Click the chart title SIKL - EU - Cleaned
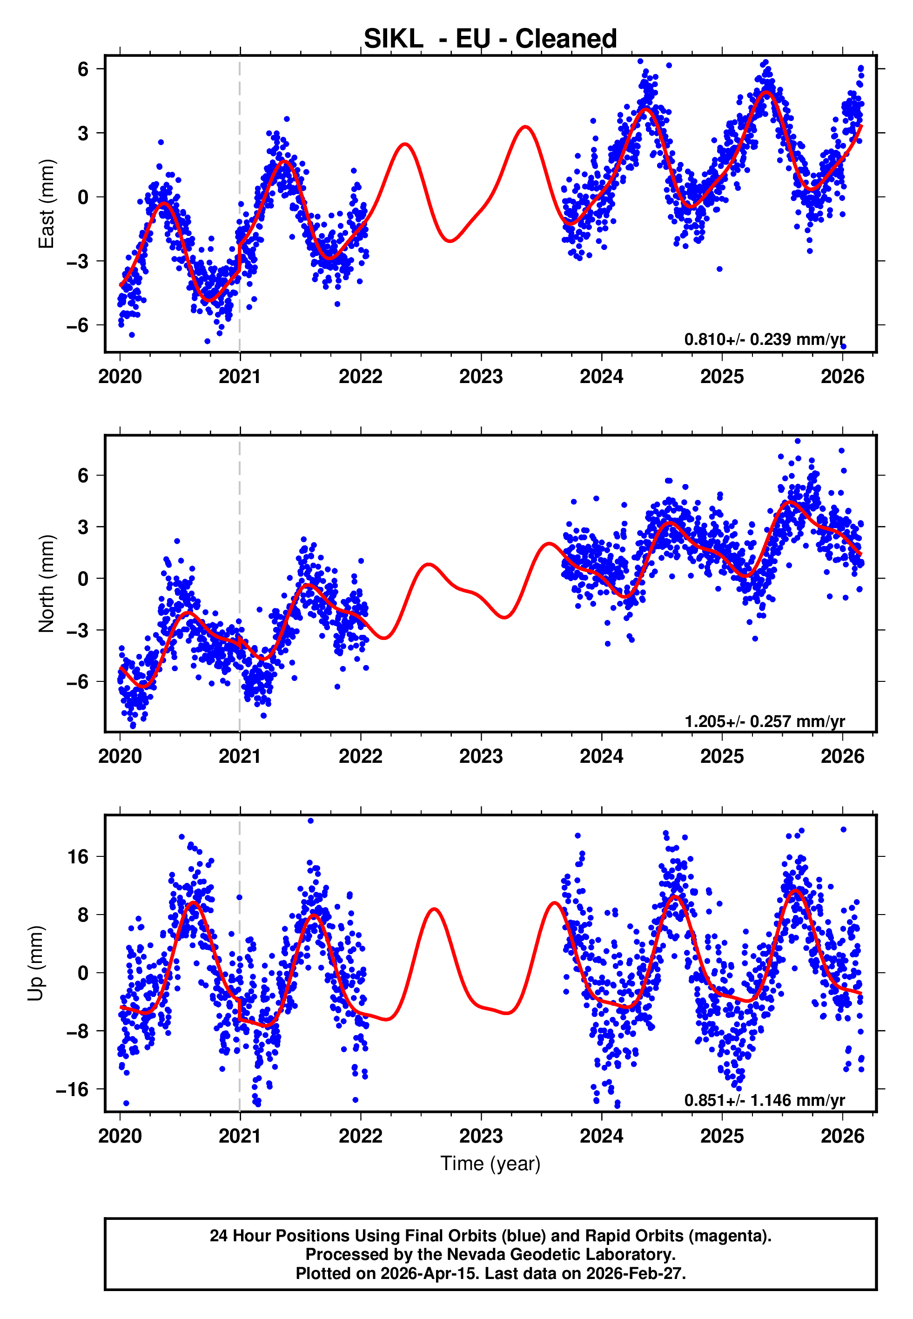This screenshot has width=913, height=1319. pyautogui.click(x=490, y=39)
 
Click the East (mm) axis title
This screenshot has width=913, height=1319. pyautogui.click(x=47, y=204)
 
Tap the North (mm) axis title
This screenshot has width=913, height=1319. pyautogui.click(x=47, y=584)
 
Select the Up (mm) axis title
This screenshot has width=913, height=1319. pyautogui.click(x=35, y=963)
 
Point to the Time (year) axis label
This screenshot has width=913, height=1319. pyautogui.click(x=490, y=1164)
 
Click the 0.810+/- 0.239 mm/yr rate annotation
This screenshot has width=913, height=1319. pyautogui.click(x=764, y=339)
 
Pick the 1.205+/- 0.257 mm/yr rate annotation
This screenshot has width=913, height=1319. pyautogui.click(x=764, y=721)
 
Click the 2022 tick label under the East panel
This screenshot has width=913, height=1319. pyautogui.click(x=360, y=377)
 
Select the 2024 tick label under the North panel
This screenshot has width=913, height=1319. pyautogui.click(x=601, y=756)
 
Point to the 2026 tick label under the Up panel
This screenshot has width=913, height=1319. pyautogui.click(x=842, y=1136)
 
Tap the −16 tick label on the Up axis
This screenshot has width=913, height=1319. pyautogui.click(x=72, y=1089)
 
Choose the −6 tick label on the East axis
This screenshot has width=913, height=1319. pyautogui.click(x=77, y=325)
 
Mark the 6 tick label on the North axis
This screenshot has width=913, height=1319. pyautogui.click(x=83, y=475)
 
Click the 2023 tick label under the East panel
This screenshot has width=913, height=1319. pyautogui.click(x=481, y=377)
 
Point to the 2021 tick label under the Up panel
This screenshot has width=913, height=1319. pyautogui.click(x=240, y=1136)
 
